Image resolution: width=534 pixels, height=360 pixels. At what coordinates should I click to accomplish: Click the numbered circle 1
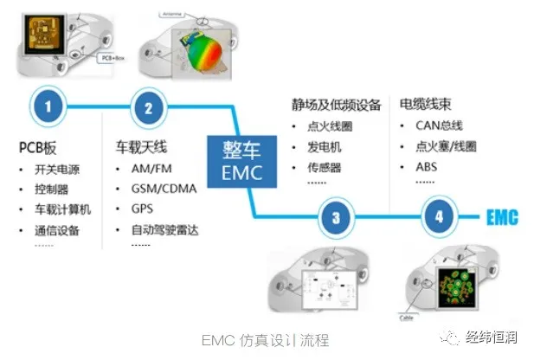point(49,107)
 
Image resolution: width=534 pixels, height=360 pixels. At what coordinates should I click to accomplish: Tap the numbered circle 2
point(148,107)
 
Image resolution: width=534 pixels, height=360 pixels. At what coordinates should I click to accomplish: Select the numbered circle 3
point(335,217)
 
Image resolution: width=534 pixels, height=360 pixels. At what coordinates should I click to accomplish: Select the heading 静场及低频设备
point(336,106)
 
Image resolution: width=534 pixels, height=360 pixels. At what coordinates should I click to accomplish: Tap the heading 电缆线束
point(426,106)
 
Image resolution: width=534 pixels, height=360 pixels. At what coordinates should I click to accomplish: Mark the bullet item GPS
point(143,209)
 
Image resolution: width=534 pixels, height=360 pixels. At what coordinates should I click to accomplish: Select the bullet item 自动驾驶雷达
point(164,230)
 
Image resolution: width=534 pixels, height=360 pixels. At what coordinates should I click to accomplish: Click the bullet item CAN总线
point(439,126)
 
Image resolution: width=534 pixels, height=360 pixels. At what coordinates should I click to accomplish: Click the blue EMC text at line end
point(500,216)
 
